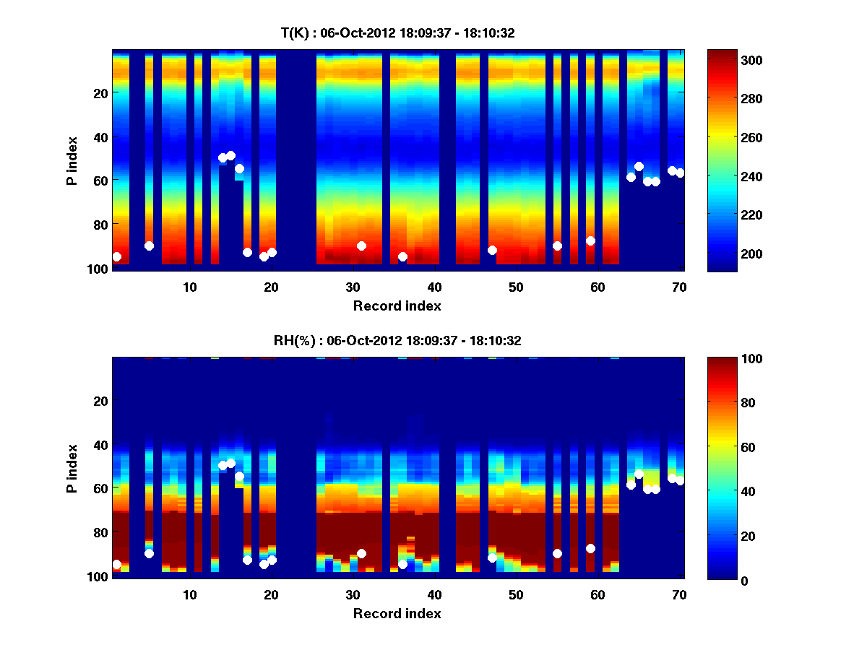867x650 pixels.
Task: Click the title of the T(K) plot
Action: pos(397,32)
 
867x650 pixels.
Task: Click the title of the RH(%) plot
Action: pos(397,340)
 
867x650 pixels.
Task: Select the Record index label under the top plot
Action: pos(397,305)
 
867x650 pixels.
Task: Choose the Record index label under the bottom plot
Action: pos(397,613)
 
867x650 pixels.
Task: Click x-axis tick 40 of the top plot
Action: pos(434,287)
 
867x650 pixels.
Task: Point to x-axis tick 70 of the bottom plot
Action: pos(679,594)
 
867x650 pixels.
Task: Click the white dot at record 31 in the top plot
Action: pos(361,246)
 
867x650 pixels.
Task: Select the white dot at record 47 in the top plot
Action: pos(492,250)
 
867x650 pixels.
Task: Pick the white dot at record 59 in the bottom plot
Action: pos(590,548)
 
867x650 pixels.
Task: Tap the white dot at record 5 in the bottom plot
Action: pos(149,553)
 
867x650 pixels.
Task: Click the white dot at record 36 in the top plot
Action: pos(402,256)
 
